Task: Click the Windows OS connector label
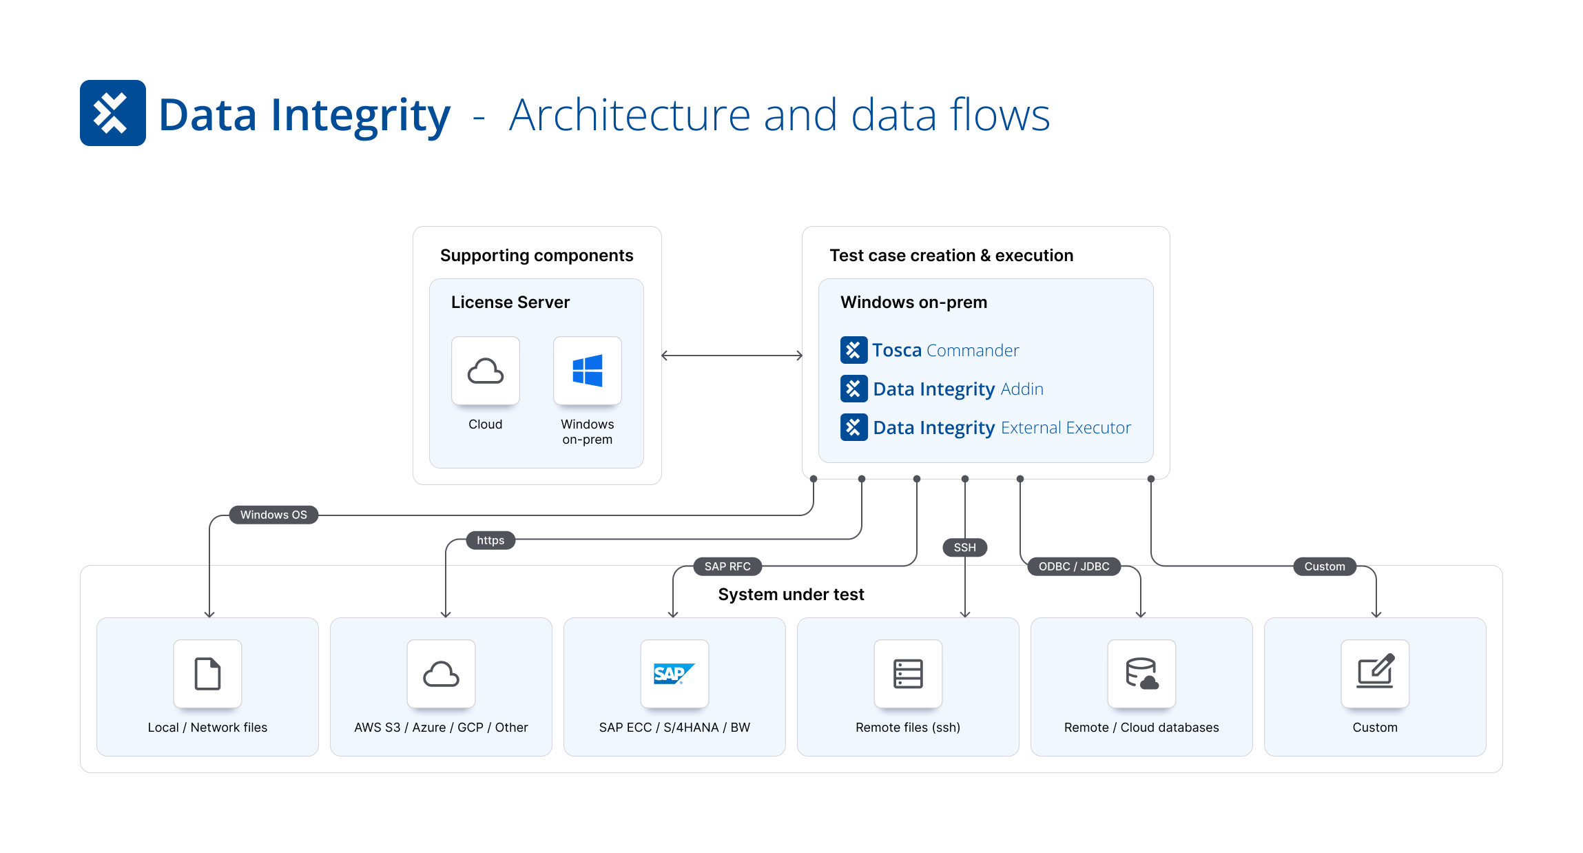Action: click(273, 515)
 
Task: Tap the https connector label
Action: click(490, 540)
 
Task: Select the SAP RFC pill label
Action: click(727, 566)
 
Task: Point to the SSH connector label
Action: click(964, 548)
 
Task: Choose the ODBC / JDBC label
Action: click(1074, 566)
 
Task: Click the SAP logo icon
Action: click(674, 674)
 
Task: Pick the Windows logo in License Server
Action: click(588, 371)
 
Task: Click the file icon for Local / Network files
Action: click(207, 674)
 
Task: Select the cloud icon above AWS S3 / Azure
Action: click(441, 674)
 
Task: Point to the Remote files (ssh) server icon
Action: click(908, 674)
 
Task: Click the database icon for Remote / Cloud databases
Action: click(1141, 674)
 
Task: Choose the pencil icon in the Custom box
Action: click(1375, 672)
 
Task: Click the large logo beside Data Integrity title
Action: click(113, 113)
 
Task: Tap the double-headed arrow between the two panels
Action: click(732, 356)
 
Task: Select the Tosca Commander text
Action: click(945, 350)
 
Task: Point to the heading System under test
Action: click(791, 595)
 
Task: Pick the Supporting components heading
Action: click(537, 256)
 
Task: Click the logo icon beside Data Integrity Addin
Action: click(853, 389)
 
